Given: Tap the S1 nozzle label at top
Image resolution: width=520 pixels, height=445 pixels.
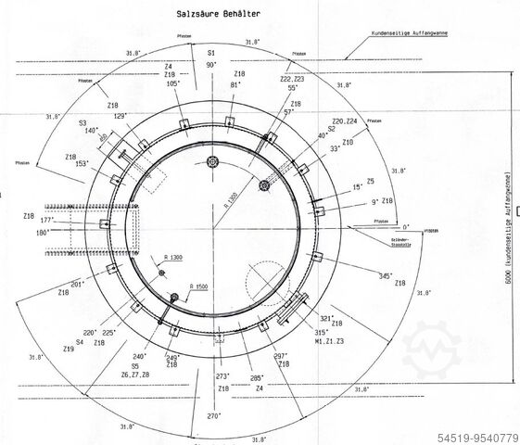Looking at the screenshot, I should pyautogui.click(x=211, y=54).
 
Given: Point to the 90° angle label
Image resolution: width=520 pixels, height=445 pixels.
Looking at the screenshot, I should pyautogui.click(x=211, y=65).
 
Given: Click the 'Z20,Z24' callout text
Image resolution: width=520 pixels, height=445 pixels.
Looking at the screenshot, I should pyautogui.click(x=344, y=121).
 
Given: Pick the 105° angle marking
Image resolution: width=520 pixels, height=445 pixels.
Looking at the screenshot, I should pyautogui.click(x=173, y=83).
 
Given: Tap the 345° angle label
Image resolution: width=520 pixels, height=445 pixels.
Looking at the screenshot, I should pyautogui.click(x=385, y=275).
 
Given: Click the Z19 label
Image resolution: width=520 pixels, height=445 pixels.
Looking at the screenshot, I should pyautogui.click(x=68, y=350).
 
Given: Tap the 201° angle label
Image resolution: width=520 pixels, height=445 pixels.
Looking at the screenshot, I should pyautogui.click(x=77, y=284).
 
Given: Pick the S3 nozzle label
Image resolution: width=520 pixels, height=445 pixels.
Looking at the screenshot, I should pyautogui.click(x=82, y=122).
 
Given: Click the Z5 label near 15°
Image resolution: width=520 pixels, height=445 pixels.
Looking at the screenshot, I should pyautogui.click(x=370, y=182).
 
